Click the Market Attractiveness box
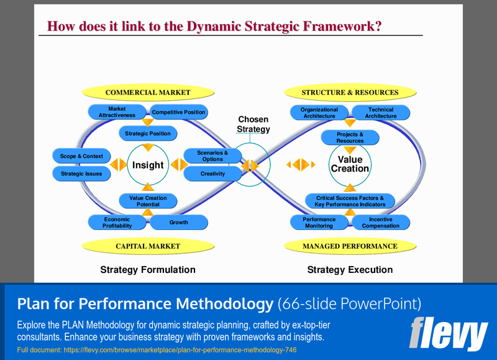117,113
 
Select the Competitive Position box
179,113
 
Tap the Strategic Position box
148,133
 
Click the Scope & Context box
81,156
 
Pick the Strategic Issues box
81,174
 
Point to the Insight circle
148,165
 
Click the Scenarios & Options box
212,156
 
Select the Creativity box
212,174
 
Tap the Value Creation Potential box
148,201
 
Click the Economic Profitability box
117,222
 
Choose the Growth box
179,222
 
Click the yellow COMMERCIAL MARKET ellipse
148,93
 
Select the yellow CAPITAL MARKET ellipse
148,246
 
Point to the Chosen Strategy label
253,124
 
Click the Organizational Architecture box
319,113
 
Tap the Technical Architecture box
381,113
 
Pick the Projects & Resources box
350,137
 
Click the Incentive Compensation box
381,222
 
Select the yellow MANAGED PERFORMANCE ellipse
350,246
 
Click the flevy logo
448,333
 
